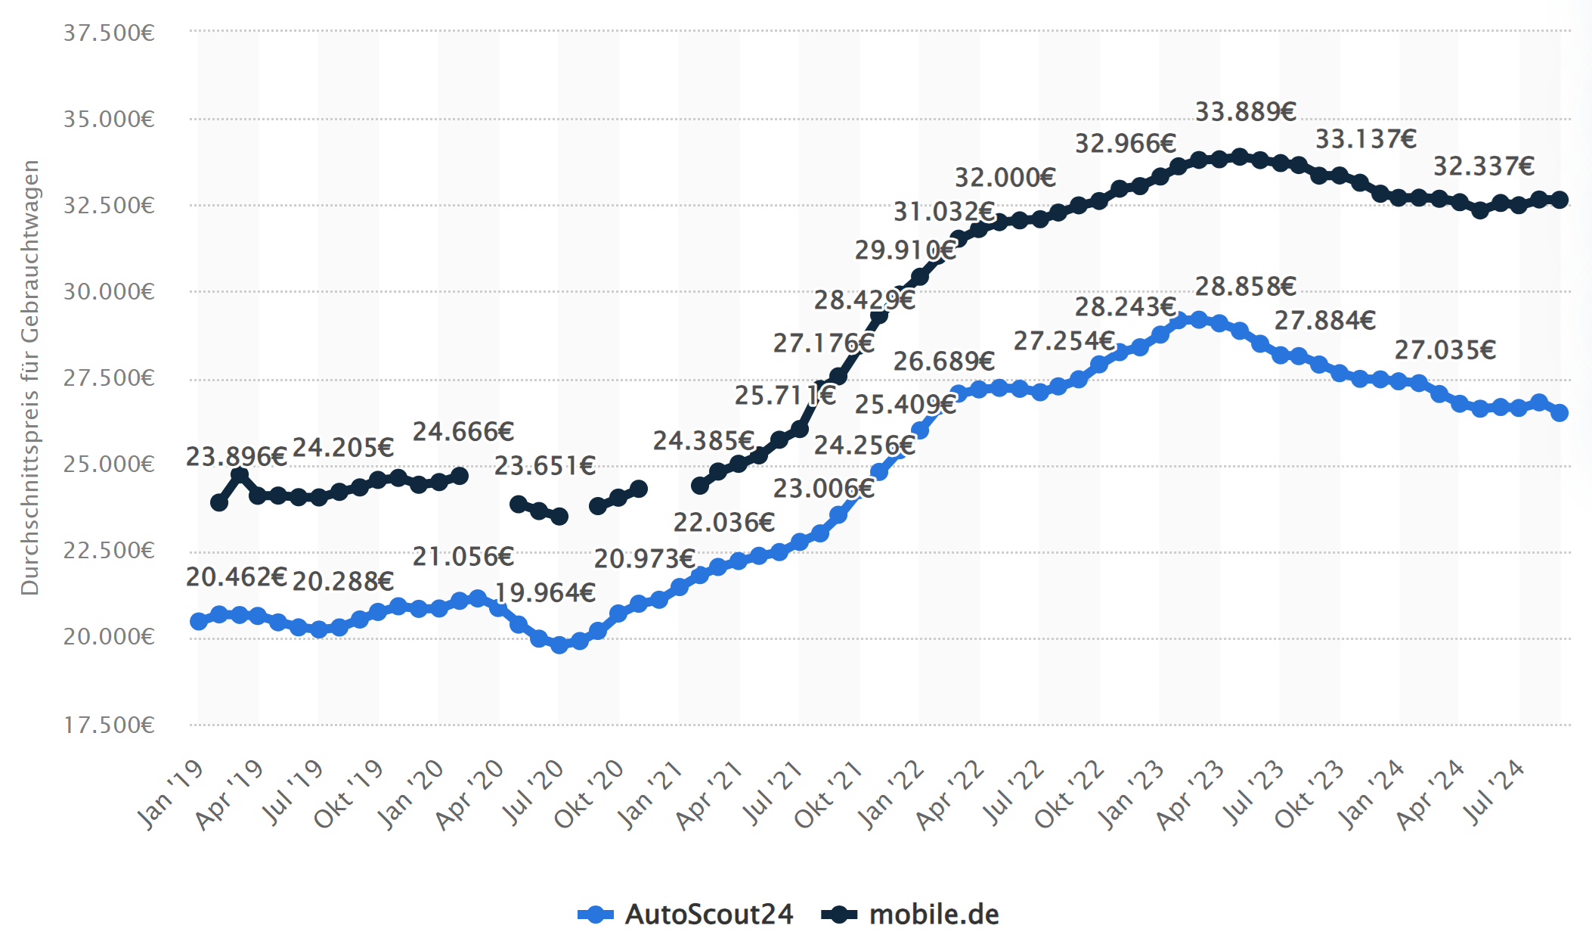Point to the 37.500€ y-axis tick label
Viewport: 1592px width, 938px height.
click(x=109, y=33)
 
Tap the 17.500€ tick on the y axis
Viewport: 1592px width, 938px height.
click(x=109, y=725)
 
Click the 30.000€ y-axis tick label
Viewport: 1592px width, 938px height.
click(x=109, y=292)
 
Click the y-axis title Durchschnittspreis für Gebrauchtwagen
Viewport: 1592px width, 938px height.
click(x=29, y=378)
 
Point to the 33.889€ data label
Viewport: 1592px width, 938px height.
click(x=1245, y=112)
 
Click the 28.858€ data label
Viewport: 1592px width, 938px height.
click(x=1245, y=287)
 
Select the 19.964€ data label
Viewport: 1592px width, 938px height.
click(x=544, y=592)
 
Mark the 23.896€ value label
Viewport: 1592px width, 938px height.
click(x=236, y=457)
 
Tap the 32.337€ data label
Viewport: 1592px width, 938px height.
click(x=1483, y=166)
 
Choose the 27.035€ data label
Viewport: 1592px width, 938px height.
click(x=1445, y=350)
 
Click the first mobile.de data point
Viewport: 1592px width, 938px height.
click(x=219, y=502)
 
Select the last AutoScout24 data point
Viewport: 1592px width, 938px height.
click(x=1559, y=412)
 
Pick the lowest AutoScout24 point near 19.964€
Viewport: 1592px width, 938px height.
click(x=559, y=644)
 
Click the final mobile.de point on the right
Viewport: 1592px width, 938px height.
click(x=1559, y=200)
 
